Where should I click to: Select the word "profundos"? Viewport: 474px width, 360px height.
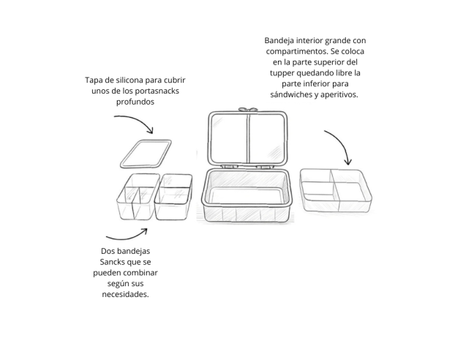[x=135, y=102]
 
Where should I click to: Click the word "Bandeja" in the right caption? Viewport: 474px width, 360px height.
[x=279, y=40]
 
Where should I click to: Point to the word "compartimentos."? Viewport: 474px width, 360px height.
[x=297, y=51]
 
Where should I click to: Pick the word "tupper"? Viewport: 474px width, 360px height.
[x=282, y=73]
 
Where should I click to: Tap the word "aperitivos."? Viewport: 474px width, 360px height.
[x=339, y=94]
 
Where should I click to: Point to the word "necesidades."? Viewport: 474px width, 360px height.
[x=126, y=294]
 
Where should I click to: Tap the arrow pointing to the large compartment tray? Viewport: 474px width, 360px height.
[x=342, y=142]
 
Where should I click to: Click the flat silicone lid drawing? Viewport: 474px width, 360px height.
[x=146, y=154]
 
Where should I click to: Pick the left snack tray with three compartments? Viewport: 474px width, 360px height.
[x=138, y=197]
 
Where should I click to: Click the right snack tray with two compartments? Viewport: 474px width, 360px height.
[x=173, y=197]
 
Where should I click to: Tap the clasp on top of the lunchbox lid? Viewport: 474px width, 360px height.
[x=248, y=110]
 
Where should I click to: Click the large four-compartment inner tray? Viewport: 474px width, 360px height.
[x=336, y=190]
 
